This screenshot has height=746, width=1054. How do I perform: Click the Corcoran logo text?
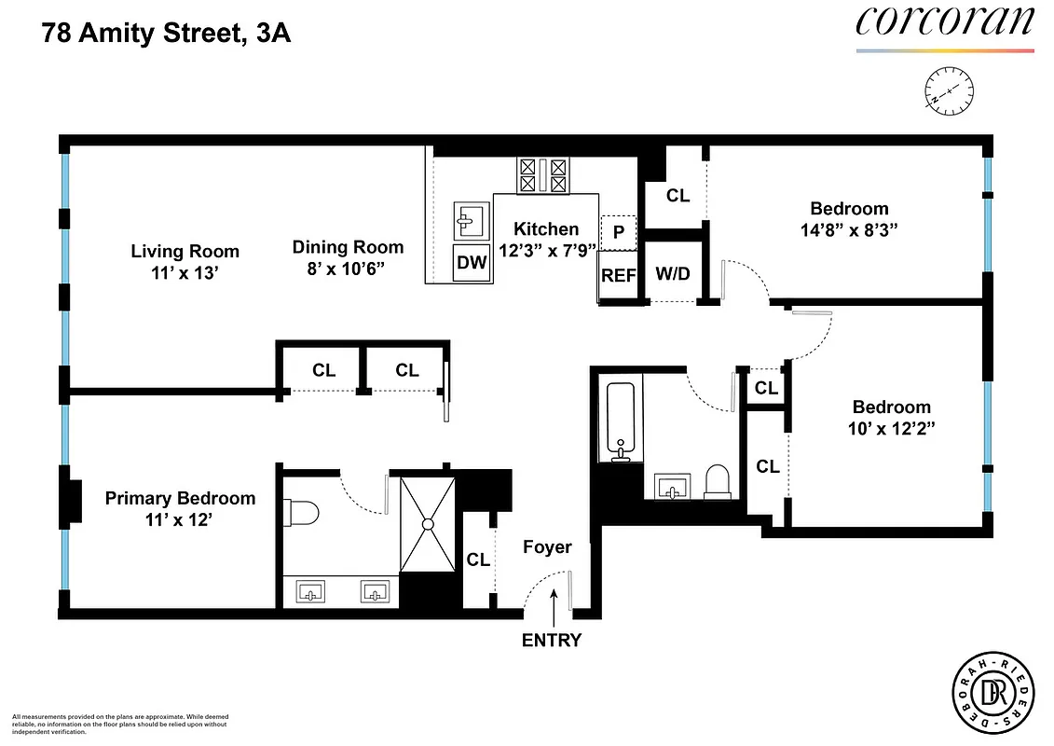click(x=944, y=21)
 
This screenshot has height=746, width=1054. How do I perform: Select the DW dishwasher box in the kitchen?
click(x=472, y=263)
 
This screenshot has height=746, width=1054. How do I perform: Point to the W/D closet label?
click(x=673, y=274)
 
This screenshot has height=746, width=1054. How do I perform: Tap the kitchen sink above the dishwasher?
click(x=472, y=222)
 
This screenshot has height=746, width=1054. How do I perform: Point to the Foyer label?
click(x=547, y=547)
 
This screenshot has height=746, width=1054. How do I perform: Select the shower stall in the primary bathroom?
click(x=428, y=524)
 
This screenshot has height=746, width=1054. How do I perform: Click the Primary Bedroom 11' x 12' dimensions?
click(x=179, y=521)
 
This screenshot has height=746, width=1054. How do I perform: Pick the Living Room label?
click(x=185, y=251)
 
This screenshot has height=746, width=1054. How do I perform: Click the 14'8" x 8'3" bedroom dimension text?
click(x=849, y=229)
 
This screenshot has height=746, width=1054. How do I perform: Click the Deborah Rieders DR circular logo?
click(x=992, y=695)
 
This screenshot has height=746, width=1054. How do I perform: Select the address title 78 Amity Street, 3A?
click(x=167, y=35)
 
